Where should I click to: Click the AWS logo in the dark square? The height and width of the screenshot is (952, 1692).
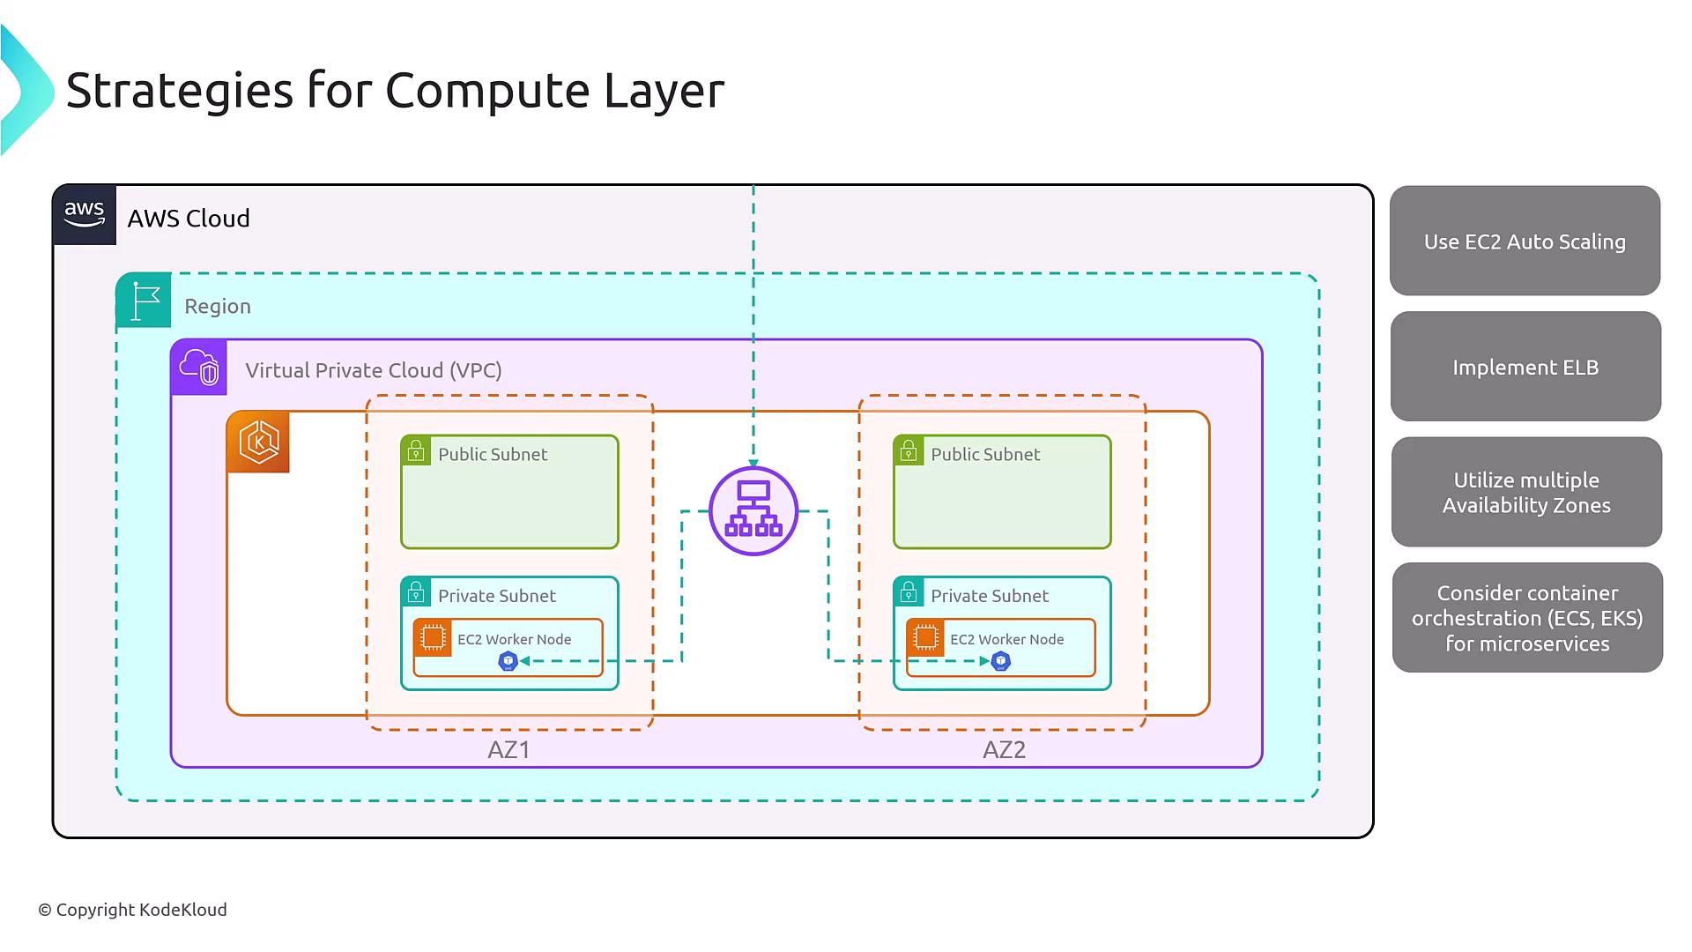(x=85, y=214)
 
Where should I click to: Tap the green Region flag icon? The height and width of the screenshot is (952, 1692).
(x=144, y=301)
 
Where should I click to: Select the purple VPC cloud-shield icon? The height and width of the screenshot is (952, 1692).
(x=199, y=367)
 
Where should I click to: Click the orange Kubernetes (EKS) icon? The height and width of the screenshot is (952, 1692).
(x=258, y=442)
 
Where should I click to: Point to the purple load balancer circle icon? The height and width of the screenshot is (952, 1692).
(x=753, y=511)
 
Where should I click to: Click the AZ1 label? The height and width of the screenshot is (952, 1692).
(x=508, y=750)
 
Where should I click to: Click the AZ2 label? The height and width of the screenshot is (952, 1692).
(x=1004, y=750)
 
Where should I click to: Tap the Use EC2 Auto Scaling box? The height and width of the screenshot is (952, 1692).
(x=1525, y=241)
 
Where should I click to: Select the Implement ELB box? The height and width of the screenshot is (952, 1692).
(x=1525, y=367)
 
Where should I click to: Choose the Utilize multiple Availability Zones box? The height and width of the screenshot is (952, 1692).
(x=1526, y=492)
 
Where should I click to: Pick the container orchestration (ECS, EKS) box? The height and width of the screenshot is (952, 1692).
(x=1527, y=618)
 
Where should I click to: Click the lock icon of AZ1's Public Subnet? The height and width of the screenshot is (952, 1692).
(x=415, y=450)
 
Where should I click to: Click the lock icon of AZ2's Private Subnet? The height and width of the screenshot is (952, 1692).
(x=908, y=591)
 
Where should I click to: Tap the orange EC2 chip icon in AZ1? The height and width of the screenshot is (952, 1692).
(x=433, y=637)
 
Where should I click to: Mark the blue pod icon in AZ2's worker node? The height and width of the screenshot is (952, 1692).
(x=1000, y=661)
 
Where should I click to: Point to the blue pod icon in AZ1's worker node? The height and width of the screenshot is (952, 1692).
(x=508, y=661)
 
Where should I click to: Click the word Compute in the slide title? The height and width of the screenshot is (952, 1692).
(x=486, y=90)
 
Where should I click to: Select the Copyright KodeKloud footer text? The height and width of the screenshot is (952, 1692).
(x=132, y=910)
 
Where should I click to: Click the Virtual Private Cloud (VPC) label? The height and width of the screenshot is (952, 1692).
(x=374, y=370)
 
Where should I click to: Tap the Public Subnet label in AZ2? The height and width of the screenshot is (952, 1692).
(x=985, y=454)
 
